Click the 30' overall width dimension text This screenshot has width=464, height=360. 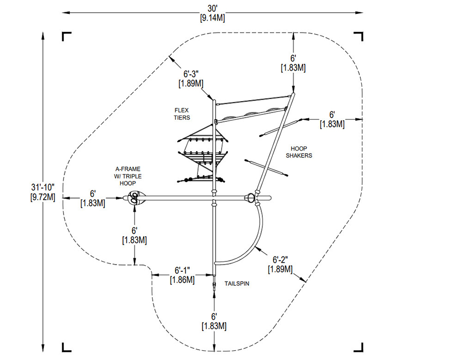point(212,8)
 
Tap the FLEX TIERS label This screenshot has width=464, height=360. point(182,114)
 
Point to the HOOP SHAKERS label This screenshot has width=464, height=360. point(301,151)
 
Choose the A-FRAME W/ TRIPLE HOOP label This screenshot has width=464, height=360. point(128,176)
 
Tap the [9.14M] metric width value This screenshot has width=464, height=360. point(212,17)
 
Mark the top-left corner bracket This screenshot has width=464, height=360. point(67,36)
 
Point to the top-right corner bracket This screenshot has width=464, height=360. point(358,36)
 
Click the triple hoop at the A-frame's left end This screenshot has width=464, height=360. point(135,198)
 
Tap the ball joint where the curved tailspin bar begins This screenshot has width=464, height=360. point(251,197)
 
